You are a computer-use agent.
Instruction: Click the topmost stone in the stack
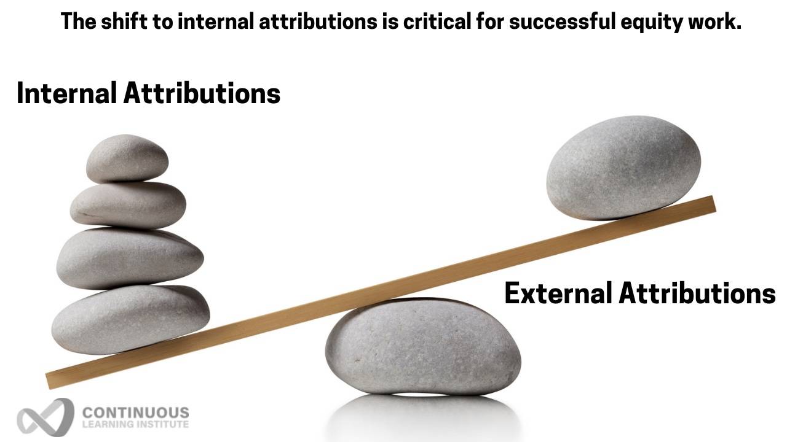click(x=127, y=158)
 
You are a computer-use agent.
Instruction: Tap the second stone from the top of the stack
click(x=128, y=205)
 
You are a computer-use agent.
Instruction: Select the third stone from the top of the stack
click(x=130, y=258)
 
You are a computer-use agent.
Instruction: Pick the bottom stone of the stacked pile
click(x=130, y=319)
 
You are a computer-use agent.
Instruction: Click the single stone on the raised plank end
click(x=623, y=167)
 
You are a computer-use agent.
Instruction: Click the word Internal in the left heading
click(x=67, y=93)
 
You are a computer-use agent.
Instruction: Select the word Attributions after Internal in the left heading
click(x=202, y=93)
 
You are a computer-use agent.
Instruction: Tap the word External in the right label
click(x=558, y=293)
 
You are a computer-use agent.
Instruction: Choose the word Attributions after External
click(x=697, y=293)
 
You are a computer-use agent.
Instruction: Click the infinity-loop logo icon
click(x=44, y=417)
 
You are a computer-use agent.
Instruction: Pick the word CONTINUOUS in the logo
click(x=135, y=412)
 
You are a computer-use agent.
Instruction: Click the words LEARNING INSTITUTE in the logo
click(x=135, y=424)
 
